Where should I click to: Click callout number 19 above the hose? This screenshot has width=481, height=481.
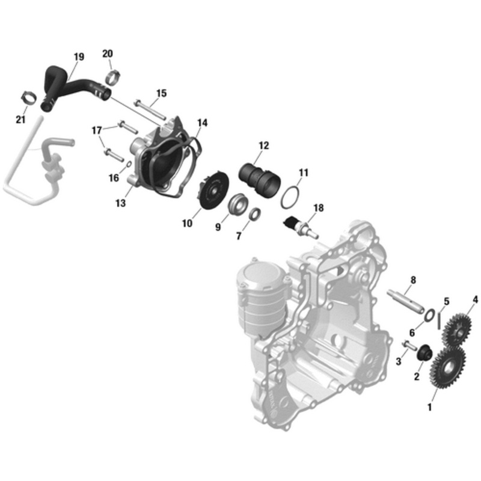[x=79, y=57]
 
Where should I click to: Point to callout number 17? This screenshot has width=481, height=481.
[x=97, y=130]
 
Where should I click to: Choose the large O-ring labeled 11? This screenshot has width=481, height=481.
[x=291, y=197]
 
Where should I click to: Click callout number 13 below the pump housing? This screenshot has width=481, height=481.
[x=120, y=204]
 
